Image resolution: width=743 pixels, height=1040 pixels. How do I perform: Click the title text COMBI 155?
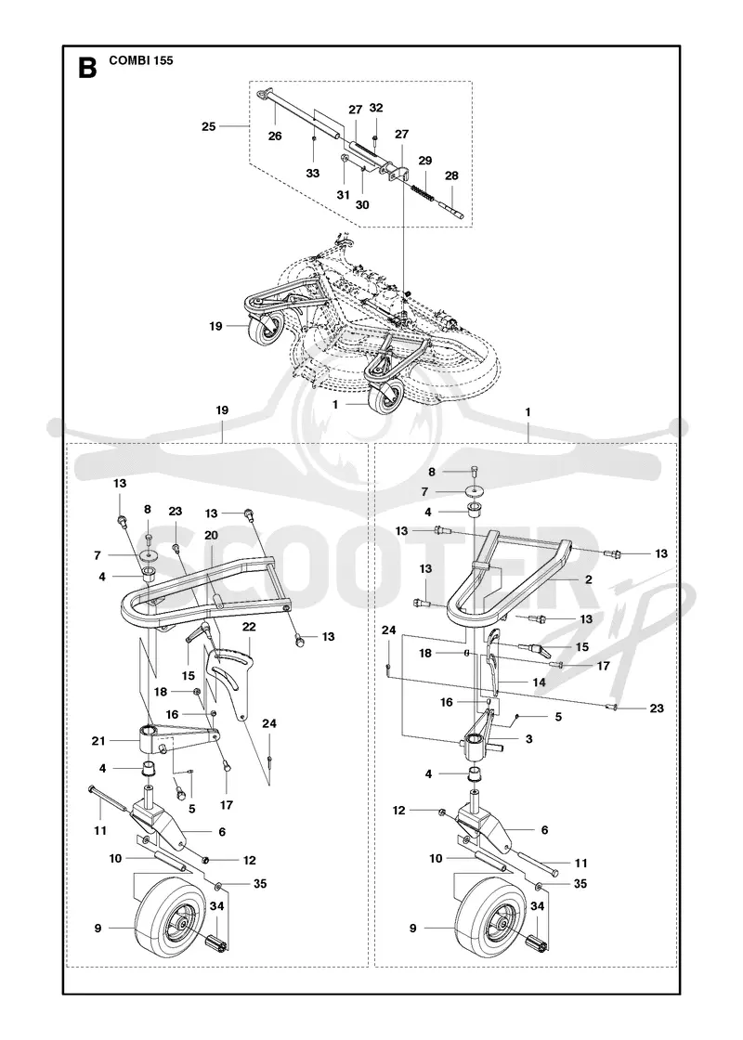tap(140, 60)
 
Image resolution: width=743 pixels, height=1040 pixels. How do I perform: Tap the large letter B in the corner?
tap(87, 68)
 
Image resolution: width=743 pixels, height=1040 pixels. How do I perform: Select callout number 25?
tap(209, 126)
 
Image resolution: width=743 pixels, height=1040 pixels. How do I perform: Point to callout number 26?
tap(275, 136)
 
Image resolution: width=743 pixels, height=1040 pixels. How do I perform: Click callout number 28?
tap(451, 175)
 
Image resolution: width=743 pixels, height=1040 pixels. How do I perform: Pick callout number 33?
tap(312, 173)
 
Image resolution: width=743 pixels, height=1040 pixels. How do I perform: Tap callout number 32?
tap(376, 108)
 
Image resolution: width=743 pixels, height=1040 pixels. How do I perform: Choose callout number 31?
tap(343, 195)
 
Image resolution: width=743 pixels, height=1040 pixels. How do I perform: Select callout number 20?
tap(211, 535)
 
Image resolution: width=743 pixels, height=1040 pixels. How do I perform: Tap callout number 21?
tap(98, 741)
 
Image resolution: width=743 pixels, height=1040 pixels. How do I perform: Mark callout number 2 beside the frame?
tap(589, 579)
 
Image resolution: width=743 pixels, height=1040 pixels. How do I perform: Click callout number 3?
tap(528, 739)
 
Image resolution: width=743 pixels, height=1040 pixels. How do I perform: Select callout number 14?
tap(539, 682)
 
